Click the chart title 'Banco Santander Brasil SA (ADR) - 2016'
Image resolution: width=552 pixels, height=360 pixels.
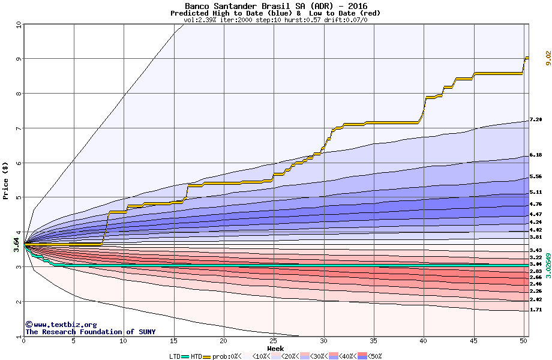[x=275, y=5]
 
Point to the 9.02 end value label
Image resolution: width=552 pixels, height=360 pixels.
[x=547, y=58]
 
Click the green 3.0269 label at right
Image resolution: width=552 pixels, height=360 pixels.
[x=547, y=255]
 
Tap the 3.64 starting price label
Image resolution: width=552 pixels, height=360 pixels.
[x=16, y=242]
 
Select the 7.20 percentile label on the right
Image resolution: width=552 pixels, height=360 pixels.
[x=536, y=120]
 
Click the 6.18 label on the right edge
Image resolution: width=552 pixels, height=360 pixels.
[x=536, y=155]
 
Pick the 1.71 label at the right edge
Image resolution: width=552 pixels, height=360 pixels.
[x=536, y=310]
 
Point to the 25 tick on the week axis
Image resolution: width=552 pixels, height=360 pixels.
[x=274, y=341]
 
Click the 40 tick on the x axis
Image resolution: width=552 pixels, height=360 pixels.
[x=424, y=341]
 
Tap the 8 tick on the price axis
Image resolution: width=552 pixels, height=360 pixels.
[x=19, y=93]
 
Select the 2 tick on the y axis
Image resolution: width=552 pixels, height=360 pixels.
[x=19, y=302]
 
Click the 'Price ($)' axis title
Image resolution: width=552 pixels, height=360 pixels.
[x=5, y=180]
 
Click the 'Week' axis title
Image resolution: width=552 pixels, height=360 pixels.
[x=275, y=348]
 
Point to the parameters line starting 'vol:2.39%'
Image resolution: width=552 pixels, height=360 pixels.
[x=275, y=20]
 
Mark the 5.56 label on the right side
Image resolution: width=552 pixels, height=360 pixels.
[x=536, y=177]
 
